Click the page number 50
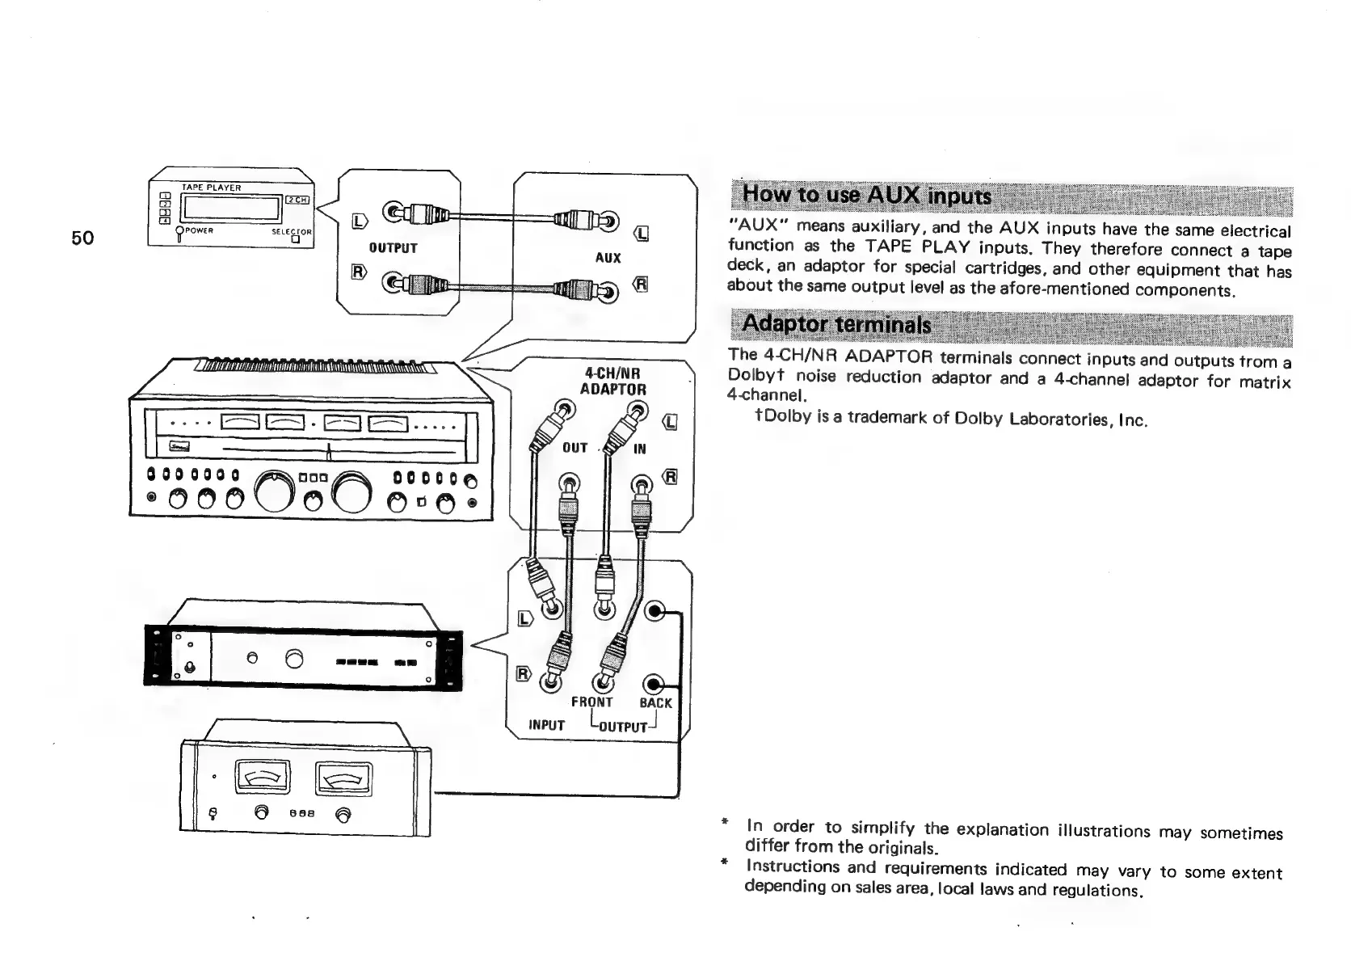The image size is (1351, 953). click(x=82, y=238)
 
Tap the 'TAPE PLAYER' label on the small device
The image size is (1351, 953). click(x=211, y=188)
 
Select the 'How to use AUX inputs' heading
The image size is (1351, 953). click(x=865, y=195)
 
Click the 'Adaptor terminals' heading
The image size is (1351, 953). click(x=835, y=324)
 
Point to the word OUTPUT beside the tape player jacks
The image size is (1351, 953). click(x=393, y=248)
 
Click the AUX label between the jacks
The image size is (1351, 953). click(x=608, y=258)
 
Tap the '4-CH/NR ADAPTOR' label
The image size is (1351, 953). click(x=613, y=381)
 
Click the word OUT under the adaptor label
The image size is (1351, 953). click(x=574, y=448)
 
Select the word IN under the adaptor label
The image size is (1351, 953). click(x=639, y=449)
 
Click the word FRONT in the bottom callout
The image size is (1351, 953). click(x=591, y=702)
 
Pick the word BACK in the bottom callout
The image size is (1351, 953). click(x=655, y=703)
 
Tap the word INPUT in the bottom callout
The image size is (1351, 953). click(x=546, y=725)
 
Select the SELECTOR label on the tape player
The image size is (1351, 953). click(x=291, y=232)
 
